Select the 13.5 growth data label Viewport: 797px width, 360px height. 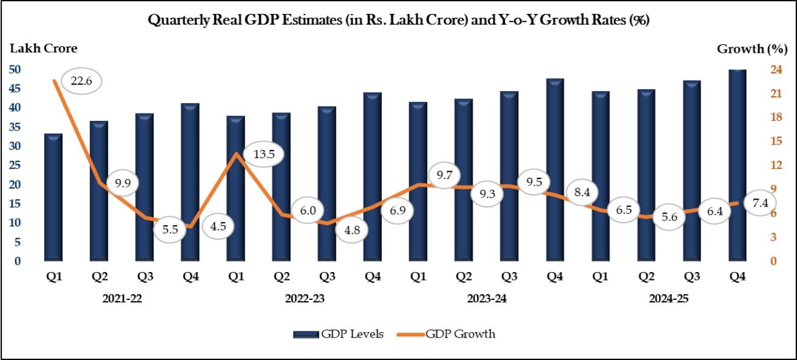click(264, 154)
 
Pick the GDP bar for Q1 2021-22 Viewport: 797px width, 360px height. click(53, 197)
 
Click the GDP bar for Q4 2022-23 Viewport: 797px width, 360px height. click(373, 177)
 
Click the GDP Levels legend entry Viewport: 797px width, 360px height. click(338, 334)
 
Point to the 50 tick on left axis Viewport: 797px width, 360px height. click(15, 70)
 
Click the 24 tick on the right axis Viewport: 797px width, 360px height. click(775, 70)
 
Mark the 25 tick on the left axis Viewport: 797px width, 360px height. click(15, 166)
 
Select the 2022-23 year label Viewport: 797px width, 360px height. click(304, 299)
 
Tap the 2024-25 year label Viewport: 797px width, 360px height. click(669, 299)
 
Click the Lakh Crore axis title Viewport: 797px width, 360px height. click(42, 49)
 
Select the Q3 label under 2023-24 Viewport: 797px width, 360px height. click(509, 277)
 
